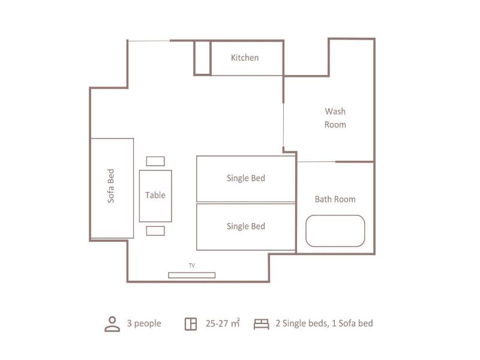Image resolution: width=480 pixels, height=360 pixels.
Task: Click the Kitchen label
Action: (x=245, y=58)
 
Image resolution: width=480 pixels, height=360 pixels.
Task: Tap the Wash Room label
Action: (x=335, y=118)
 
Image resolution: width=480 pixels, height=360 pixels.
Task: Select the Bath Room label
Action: (x=335, y=199)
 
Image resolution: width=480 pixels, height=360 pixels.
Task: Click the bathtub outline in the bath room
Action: (x=335, y=215)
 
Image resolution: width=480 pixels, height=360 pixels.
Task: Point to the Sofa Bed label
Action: (x=110, y=186)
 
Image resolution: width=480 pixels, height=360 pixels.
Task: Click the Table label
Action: (x=155, y=195)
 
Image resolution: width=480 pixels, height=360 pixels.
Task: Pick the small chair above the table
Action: (x=155, y=161)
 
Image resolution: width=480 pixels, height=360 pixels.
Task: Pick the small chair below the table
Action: (x=155, y=231)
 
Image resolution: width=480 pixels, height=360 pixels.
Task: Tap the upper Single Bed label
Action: (x=246, y=178)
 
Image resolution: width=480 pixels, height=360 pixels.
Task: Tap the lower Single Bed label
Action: (x=246, y=226)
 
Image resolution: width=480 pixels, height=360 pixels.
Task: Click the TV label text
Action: (x=191, y=265)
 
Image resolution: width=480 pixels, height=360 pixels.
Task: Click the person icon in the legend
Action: (x=112, y=324)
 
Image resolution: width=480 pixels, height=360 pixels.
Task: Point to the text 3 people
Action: (x=144, y=323)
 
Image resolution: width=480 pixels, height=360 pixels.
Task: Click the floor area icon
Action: (x=191, y=324)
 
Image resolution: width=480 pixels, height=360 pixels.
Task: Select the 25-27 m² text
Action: (x=223, y=323)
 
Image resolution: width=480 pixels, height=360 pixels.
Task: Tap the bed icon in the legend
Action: (x=262, y=324)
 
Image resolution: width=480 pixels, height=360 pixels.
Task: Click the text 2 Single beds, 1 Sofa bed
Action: (x=324, y=323)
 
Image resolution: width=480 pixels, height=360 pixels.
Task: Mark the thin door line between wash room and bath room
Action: (x=316, y=161)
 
